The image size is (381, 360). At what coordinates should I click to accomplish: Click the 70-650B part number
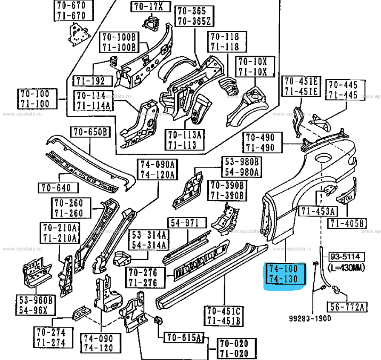coord(90,132)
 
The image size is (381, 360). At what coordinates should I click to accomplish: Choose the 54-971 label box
coord(187,223)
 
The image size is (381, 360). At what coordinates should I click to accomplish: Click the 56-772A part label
coord(347,306)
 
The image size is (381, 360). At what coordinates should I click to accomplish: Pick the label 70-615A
coord(184,338)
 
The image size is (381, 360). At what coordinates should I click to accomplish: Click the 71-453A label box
coord(318,211)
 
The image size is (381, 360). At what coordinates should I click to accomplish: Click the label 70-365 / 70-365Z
coord(192,16)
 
